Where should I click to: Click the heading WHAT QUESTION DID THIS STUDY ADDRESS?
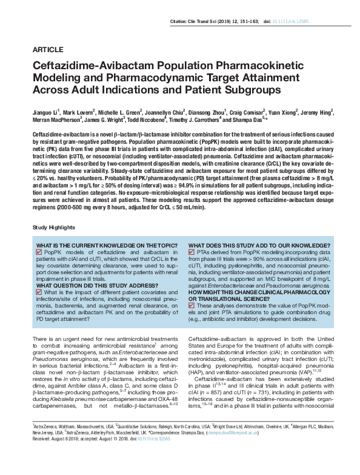click(x=96, y=285)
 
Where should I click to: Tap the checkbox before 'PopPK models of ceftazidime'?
click(x=39, y=251)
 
